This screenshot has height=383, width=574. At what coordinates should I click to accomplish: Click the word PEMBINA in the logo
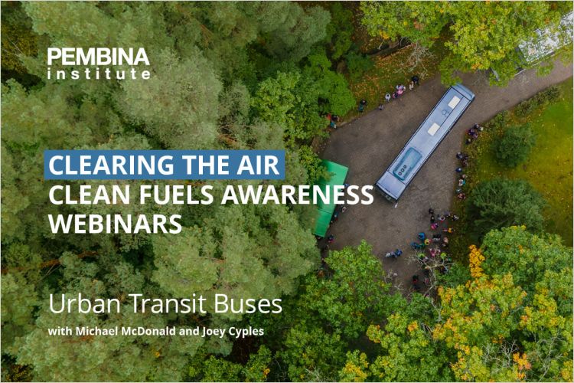coord(98,57)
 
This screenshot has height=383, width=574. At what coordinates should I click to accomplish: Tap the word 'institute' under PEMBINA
coord(98,74)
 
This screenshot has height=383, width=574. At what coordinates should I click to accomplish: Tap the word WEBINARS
coord(116,224)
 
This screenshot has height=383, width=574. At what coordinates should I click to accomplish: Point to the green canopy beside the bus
coord(330,198)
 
